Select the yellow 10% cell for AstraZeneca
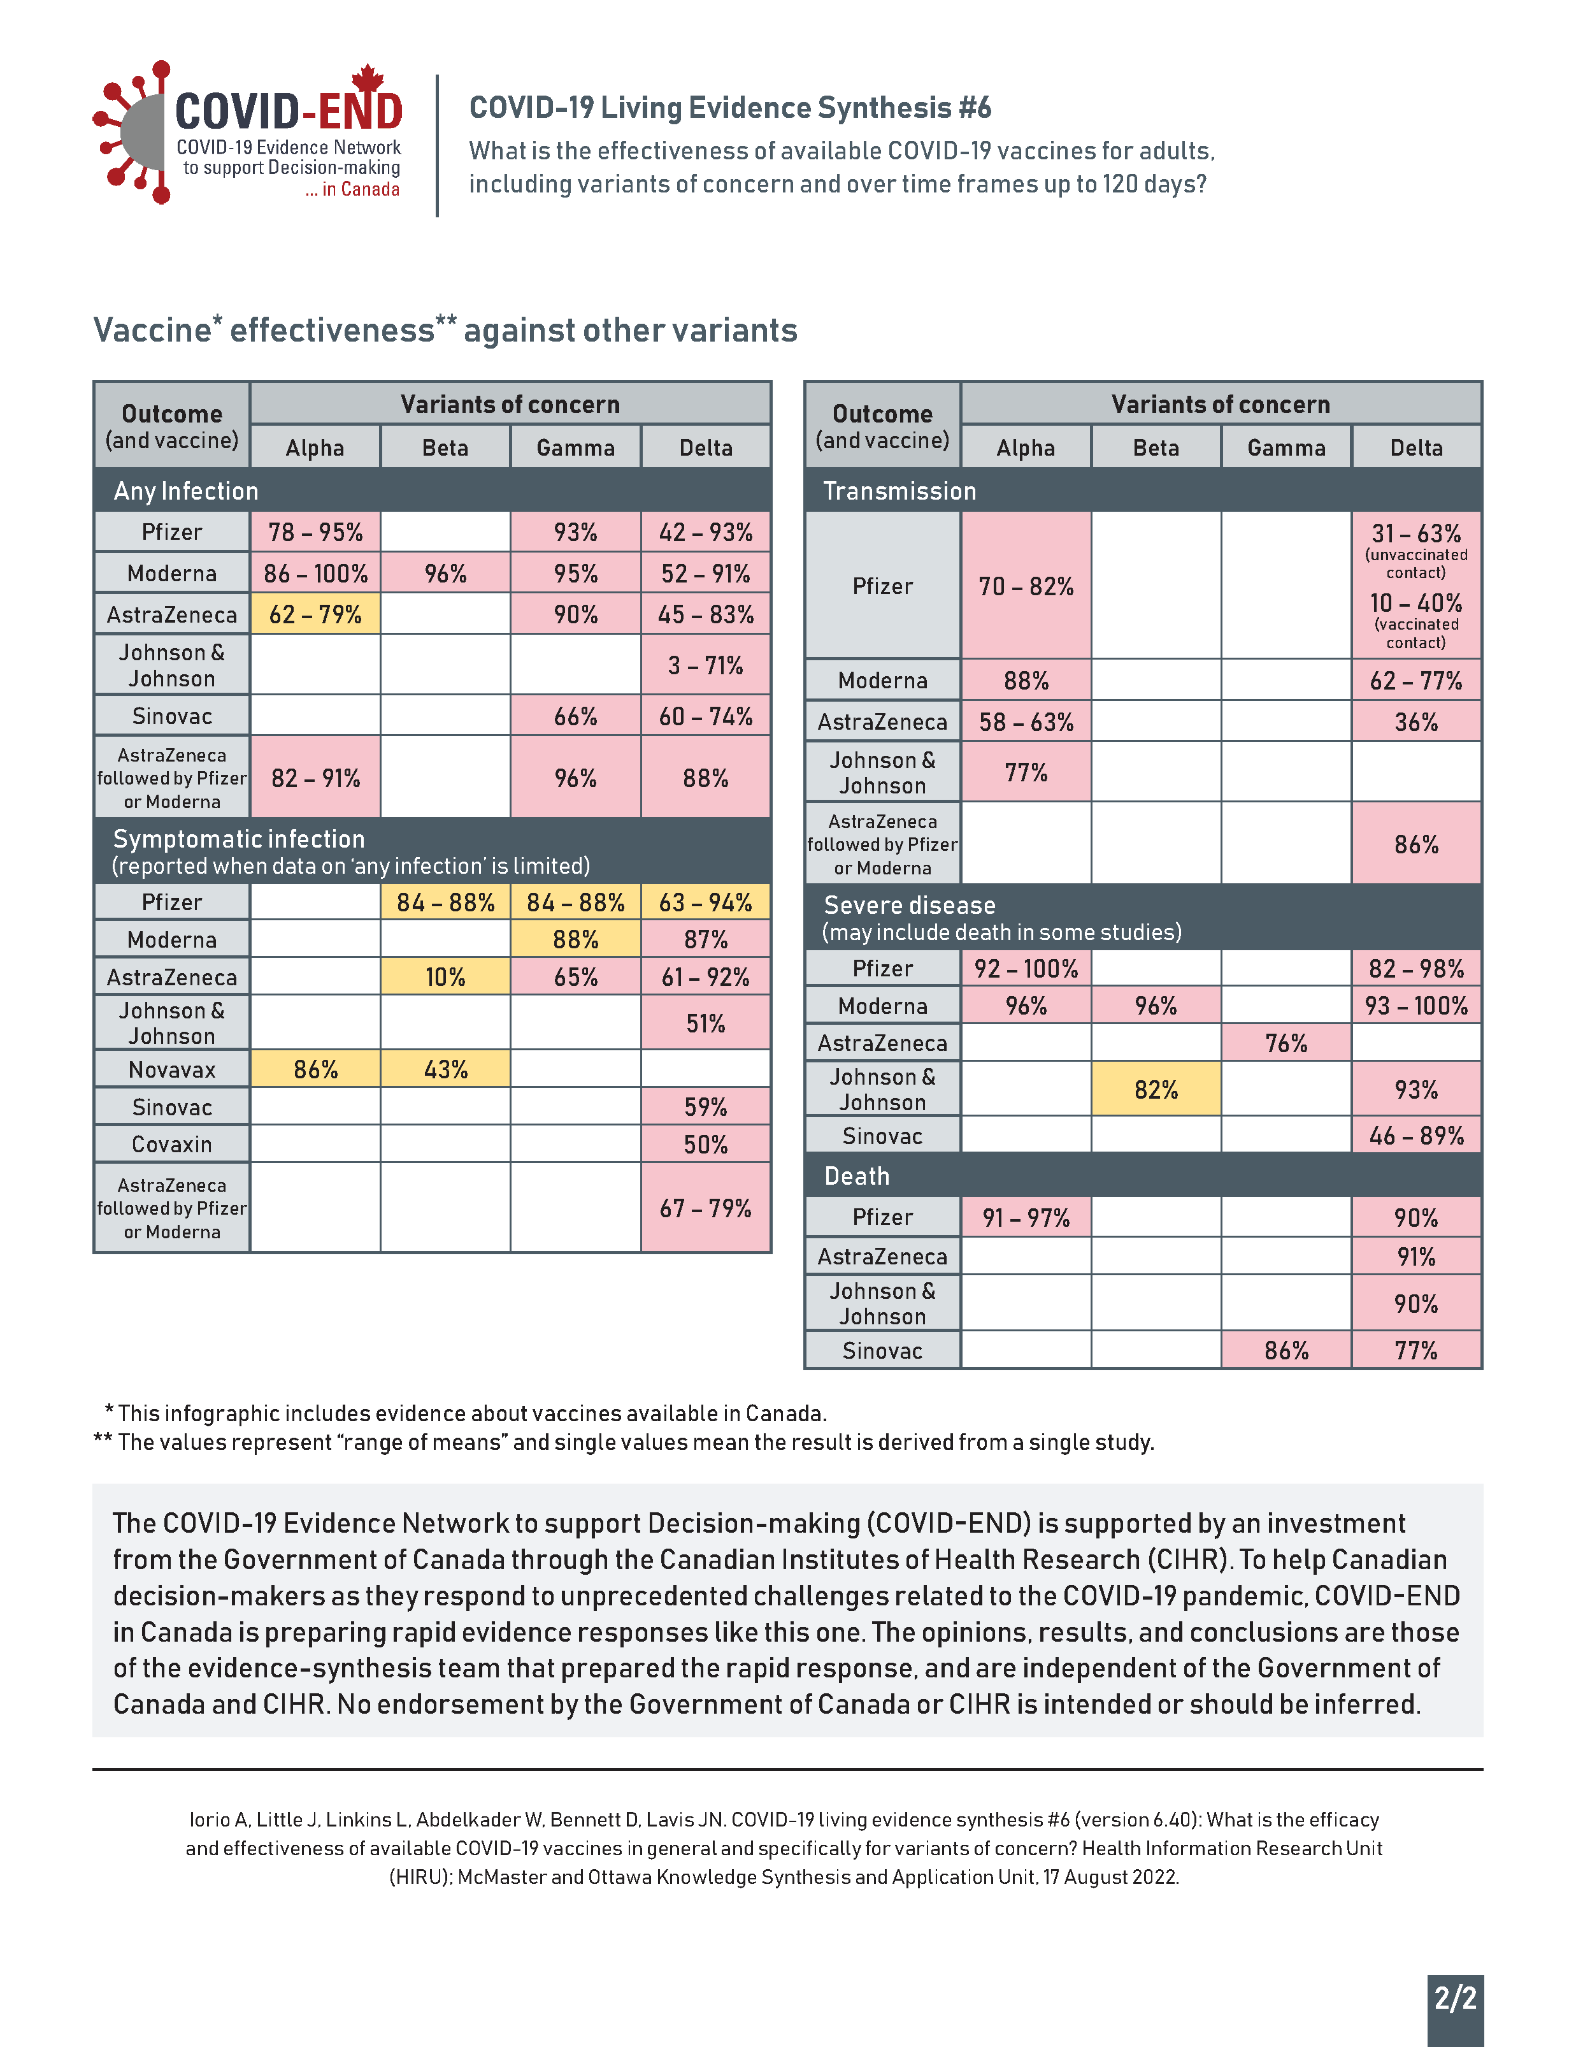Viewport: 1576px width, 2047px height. tap(445, 976)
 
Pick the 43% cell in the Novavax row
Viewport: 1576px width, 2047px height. tap(445, 1069)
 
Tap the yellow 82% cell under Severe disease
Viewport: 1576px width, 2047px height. tap(1156, 1089)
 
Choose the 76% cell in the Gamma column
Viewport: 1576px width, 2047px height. tap(1286, 1043)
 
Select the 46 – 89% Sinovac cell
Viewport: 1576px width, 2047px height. tap(1415, 1136)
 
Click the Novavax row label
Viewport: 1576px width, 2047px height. tap(171, 1069)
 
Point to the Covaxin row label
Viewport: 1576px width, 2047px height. tap(171, 1145)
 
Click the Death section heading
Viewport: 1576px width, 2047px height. tap(856, 1176)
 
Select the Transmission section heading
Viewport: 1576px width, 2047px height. tap(899, 491)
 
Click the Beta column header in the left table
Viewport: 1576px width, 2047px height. tap(445, 448)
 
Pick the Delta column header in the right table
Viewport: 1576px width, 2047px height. tap(1415, 448)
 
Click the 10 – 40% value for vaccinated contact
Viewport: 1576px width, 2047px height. tap(1415, 604)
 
